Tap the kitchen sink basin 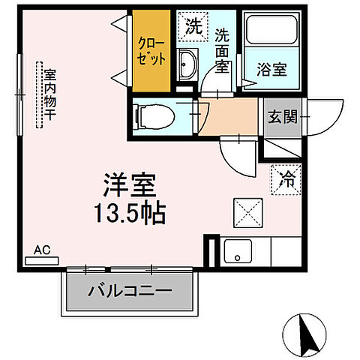[239, 253]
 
